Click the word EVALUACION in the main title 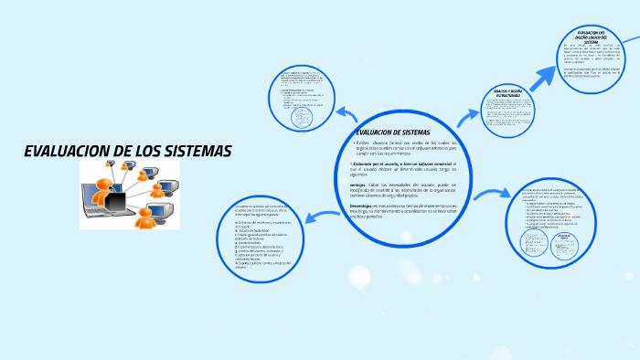pos(72,151)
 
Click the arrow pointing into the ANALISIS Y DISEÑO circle pos(469,115)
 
